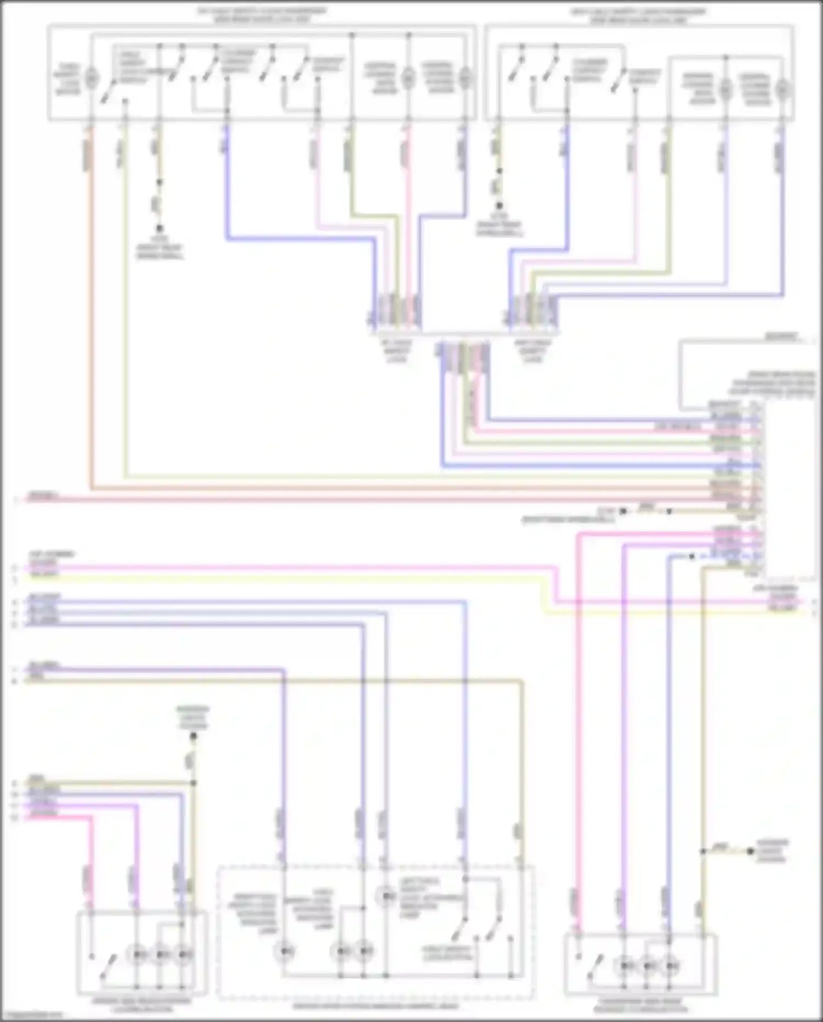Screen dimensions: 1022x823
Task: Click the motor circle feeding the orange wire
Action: pos(92,78)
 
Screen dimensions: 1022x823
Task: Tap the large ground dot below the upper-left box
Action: pos(159,228)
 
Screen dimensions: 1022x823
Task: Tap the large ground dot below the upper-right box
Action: pos(499,206)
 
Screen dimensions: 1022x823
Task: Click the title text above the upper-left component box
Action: pos(262,15)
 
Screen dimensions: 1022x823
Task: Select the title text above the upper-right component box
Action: pos(638,15)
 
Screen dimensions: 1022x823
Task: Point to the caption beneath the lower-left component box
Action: pos(142,1006)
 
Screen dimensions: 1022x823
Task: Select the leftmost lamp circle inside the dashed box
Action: pos(285,951)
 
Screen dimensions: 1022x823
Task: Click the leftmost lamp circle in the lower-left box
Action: pos(137,955)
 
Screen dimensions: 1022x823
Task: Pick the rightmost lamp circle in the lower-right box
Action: pos(669,965)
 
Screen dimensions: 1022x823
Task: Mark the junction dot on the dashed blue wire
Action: pos(692,556)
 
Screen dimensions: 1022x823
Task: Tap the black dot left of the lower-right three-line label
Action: pos(751,851)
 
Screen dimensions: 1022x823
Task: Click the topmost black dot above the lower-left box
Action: pos(193,735)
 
